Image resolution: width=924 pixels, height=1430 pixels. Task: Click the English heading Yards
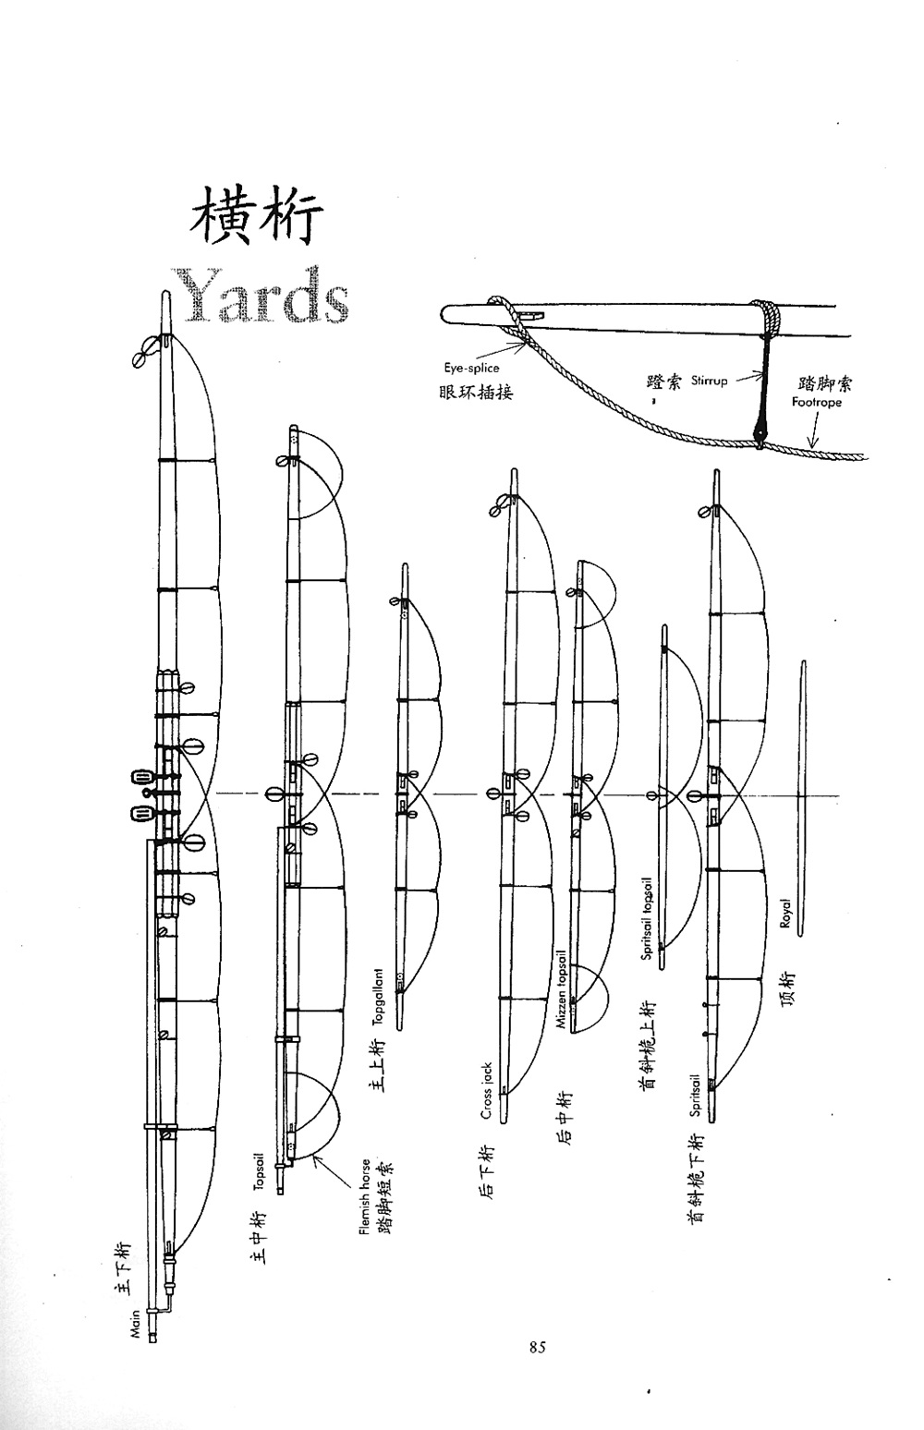coord(260,295)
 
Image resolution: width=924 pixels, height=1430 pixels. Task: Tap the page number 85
coord(538,1348)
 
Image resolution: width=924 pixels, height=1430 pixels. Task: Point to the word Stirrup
coord(710,380)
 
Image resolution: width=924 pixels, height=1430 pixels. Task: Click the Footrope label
coord(817,403)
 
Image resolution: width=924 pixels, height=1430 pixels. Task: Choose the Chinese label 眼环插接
coord(476,392)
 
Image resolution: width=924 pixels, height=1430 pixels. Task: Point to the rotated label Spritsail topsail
coord(649,918)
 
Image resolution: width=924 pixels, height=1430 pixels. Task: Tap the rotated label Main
coord(136,1323)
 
